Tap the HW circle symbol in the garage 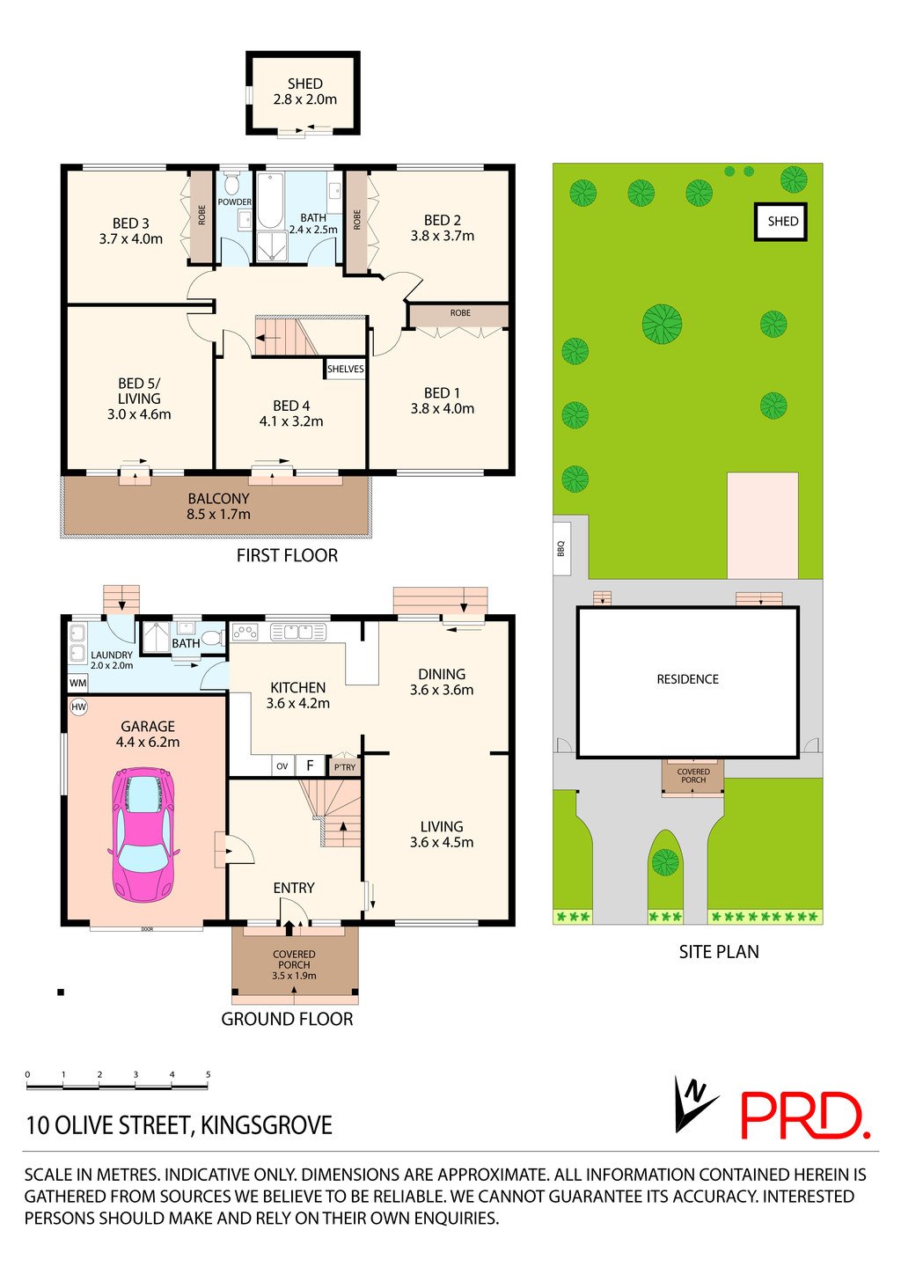[78, 707]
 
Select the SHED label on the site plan [782, 222]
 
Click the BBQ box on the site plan [560, 547]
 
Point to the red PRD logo [804, 1116]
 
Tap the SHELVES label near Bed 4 [345, 369]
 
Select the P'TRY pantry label [345, 767]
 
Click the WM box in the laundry [78, 683]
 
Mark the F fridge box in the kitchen [310, 765]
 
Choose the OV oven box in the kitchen [282, 766]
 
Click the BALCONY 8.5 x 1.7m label [218, 506]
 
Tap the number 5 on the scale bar [208, 1074]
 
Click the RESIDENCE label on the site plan [687, 679]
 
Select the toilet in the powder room [233, 184]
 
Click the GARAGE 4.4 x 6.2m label [148, 734]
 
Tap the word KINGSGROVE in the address [267, 1125]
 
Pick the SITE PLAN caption [718, 951]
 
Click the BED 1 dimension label [442, 400]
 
